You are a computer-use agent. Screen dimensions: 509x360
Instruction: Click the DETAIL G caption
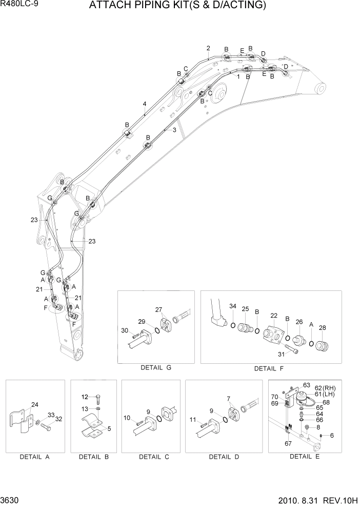[155, 368]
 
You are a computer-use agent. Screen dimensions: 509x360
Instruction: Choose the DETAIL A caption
[35, 456]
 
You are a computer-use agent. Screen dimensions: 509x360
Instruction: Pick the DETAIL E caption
[305, 456]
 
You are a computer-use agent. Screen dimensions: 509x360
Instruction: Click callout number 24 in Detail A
[35, 405]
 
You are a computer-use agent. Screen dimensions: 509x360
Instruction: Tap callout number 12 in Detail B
[85, 397]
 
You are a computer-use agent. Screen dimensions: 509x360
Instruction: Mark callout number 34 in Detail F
[232, 306]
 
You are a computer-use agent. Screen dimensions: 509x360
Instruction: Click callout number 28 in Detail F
[322, 327]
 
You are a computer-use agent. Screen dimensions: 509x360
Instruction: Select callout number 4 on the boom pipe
[145, 104]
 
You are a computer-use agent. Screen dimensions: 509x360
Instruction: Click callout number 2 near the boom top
[208, 48]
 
